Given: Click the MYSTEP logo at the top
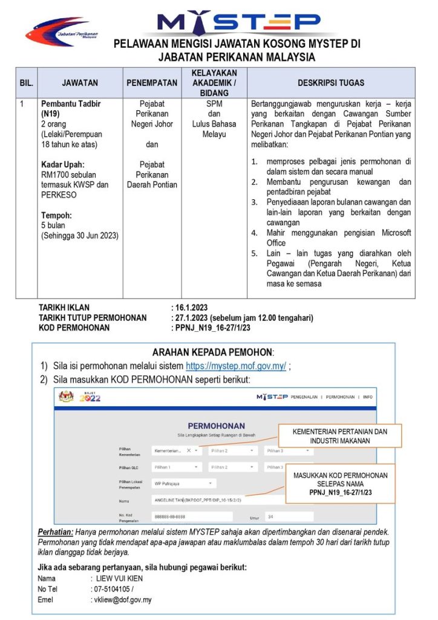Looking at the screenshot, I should (x=238, y=22).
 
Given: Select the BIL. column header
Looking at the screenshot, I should (x=27, y=82).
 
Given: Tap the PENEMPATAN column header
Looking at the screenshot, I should (x=152, y=82).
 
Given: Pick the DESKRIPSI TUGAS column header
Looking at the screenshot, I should (x=330, y=82).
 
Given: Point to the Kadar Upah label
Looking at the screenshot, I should (x=62, y=165).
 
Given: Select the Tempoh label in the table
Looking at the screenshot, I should (x=56, y=215).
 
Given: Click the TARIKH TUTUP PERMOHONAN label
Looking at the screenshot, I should (x=93, y=318).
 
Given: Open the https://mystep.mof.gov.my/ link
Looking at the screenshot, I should (x=235, y=366).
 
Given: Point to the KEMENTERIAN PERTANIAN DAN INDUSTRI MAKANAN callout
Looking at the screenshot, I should (x=339, y=435).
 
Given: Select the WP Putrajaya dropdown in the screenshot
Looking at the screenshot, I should (x=183, y=483).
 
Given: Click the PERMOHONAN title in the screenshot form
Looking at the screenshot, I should (x=216, y=426).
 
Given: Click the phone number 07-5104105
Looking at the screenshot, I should (x=112, y=589).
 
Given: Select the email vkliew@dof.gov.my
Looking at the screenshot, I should (x=120, y=600).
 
